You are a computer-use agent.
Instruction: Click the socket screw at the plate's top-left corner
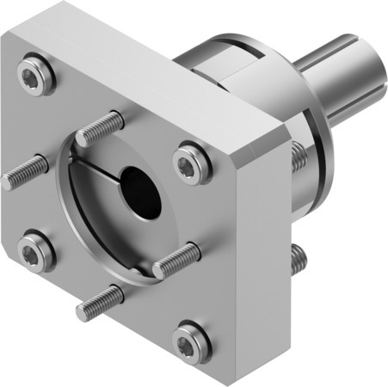tap(33, 80)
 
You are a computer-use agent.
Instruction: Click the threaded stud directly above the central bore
tap(100, 129)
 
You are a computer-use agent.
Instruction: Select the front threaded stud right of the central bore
tap(176, 261)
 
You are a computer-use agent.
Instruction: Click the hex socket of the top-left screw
tap(33, 79)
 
